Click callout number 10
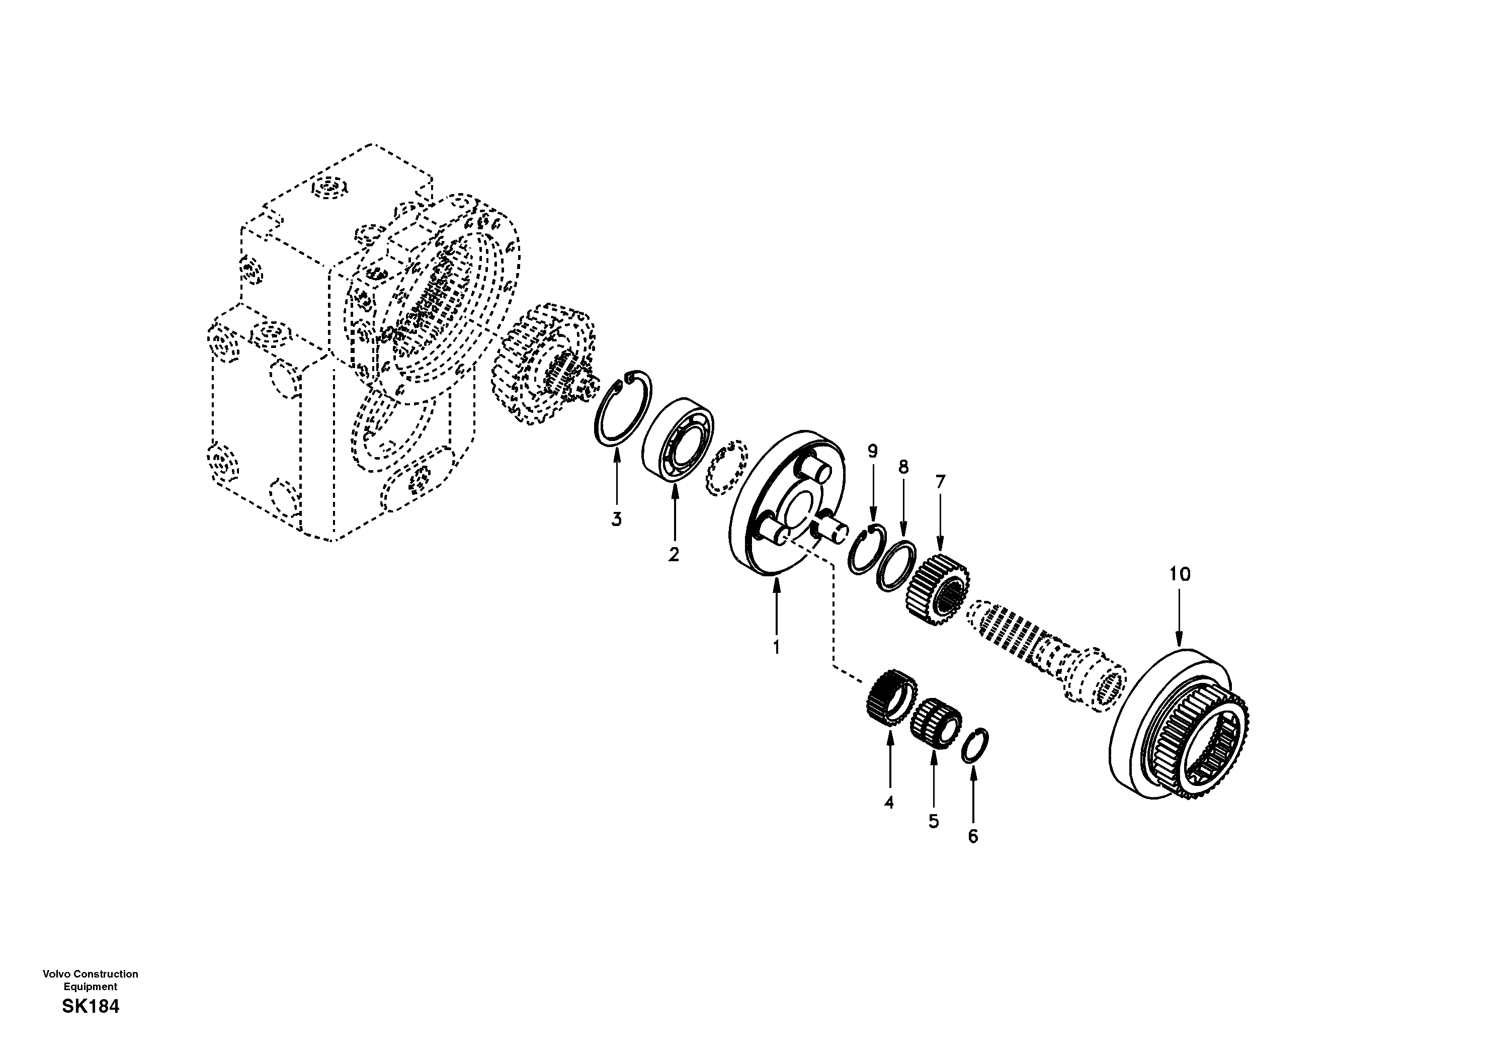click(1180, 574)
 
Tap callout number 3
click(616, 519)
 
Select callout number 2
click(674, 555)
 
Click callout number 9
click(872, 451)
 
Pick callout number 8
click(903, 467)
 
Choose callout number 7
click(940, 482)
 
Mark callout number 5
click(934, 821)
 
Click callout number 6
click(973, 836)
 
